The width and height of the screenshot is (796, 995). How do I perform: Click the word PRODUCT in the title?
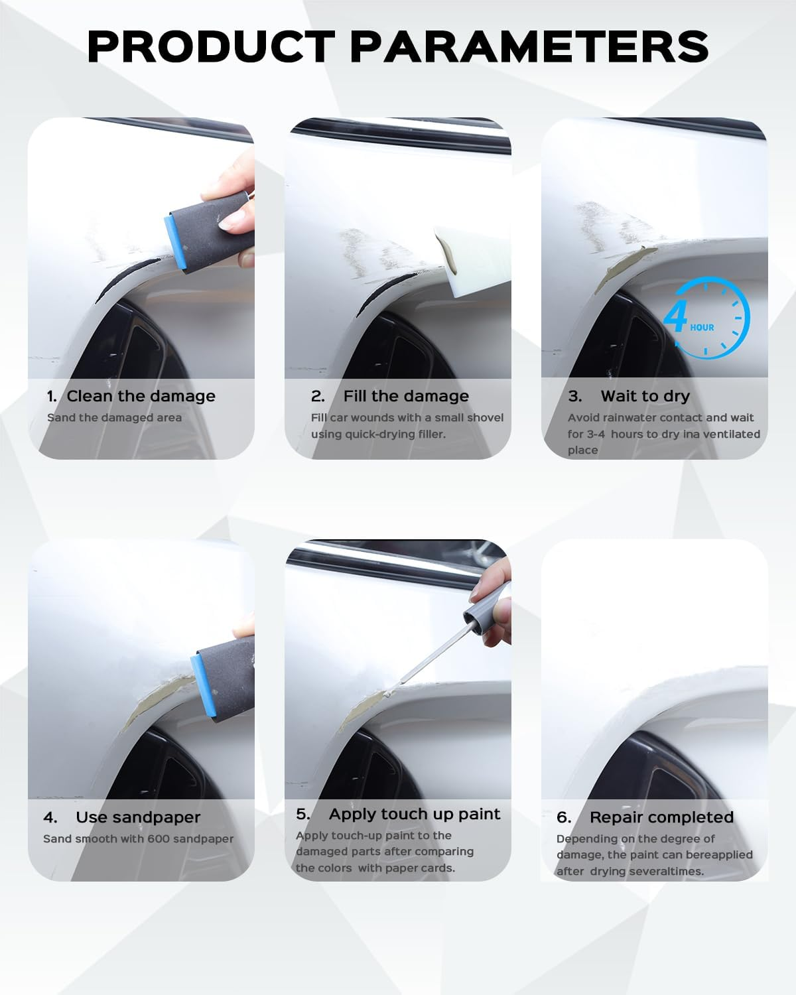[x=211, y=46]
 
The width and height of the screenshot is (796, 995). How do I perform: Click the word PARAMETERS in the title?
[x=529, y=46]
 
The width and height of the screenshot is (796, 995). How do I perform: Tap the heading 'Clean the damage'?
[x=141, y=396]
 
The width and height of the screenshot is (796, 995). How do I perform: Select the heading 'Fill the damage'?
[x=406, y=396]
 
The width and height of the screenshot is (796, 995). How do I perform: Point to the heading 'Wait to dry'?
[x=645, y=396]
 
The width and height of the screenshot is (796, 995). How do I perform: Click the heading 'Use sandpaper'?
[x=138, y=817]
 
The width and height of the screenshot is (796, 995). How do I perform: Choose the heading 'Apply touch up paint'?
[x=415, y=814]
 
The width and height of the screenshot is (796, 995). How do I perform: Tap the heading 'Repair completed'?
[x=661, y=817]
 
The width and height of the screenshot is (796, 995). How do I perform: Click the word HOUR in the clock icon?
[x=702, y=328]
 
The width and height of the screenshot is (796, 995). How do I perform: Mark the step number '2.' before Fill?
[x=318, y=396]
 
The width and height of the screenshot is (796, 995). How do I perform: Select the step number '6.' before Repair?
[x=564, y=817]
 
